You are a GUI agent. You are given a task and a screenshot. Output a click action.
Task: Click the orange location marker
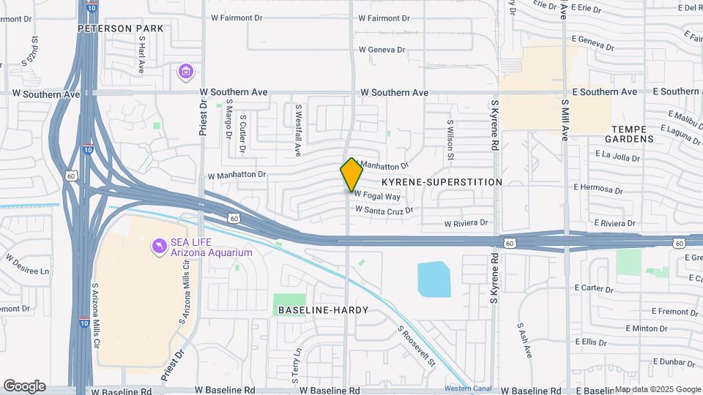click(x=351, y=174)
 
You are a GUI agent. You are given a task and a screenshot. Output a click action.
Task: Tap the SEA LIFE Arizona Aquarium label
click(x=212, y=248)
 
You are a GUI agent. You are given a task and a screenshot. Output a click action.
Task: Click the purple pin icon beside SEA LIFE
click(x=158, y=247)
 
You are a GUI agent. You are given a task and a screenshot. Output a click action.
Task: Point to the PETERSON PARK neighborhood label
click(x=122, y=29)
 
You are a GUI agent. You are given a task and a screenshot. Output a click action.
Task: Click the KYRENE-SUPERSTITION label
click(x=442, y=181)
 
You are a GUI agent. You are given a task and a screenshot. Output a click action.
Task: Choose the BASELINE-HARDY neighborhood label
click(x=323, y=310)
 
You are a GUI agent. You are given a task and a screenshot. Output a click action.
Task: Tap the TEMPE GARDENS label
click(x=633, y=133)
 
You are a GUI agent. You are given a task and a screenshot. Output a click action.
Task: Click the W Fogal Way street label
click(x=378, y=197)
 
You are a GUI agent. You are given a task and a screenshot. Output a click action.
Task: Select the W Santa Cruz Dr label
click(x=384, y=210)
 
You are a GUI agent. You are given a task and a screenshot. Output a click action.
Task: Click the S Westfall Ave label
click(x=299, y=129)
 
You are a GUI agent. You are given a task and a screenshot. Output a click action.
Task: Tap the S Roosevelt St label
click(x=417, y=346)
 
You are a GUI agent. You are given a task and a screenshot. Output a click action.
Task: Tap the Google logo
click(x=24, y=386)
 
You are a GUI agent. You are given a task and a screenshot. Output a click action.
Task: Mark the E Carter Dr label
click(x=593, y=288)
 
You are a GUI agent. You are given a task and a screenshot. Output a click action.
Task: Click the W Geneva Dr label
click(x=382, y=50)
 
